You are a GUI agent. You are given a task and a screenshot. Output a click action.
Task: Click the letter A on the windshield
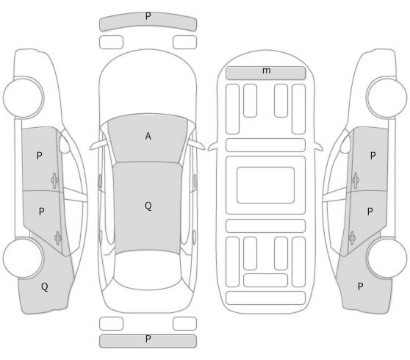(148, 136)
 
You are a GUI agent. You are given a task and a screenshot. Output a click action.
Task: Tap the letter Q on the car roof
(148, 206)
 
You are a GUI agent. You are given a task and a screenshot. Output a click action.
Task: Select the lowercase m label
(266, 71)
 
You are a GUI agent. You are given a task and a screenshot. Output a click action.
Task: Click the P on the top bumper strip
(148, 16)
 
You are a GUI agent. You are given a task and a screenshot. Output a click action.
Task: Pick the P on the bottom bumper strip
(148, 339)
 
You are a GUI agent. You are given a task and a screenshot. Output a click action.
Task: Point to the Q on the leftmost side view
(45, 287)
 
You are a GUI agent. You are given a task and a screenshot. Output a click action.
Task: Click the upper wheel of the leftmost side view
(24, 98)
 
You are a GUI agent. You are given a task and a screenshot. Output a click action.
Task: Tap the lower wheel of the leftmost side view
(24, 258)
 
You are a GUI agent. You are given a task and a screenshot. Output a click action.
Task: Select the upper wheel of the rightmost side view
(386, 98)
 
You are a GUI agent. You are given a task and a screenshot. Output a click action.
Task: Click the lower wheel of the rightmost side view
(386, 258)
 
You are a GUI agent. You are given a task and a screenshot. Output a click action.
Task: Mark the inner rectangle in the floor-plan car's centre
(265, 185)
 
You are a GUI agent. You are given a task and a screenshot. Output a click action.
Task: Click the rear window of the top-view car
(148, 270)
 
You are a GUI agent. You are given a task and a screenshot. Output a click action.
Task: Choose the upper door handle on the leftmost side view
(54, 180)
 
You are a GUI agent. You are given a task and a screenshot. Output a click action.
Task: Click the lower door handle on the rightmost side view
(352, 238)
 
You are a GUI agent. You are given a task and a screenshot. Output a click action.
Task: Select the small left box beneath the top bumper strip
(111, 43)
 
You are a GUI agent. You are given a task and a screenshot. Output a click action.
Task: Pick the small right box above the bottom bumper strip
(184, 324)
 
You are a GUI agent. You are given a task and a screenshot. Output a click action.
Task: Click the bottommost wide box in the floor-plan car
(265, 298)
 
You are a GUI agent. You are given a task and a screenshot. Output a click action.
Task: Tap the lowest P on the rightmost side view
(360, 287)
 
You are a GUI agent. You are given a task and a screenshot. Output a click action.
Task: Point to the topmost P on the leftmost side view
(39, 156)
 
